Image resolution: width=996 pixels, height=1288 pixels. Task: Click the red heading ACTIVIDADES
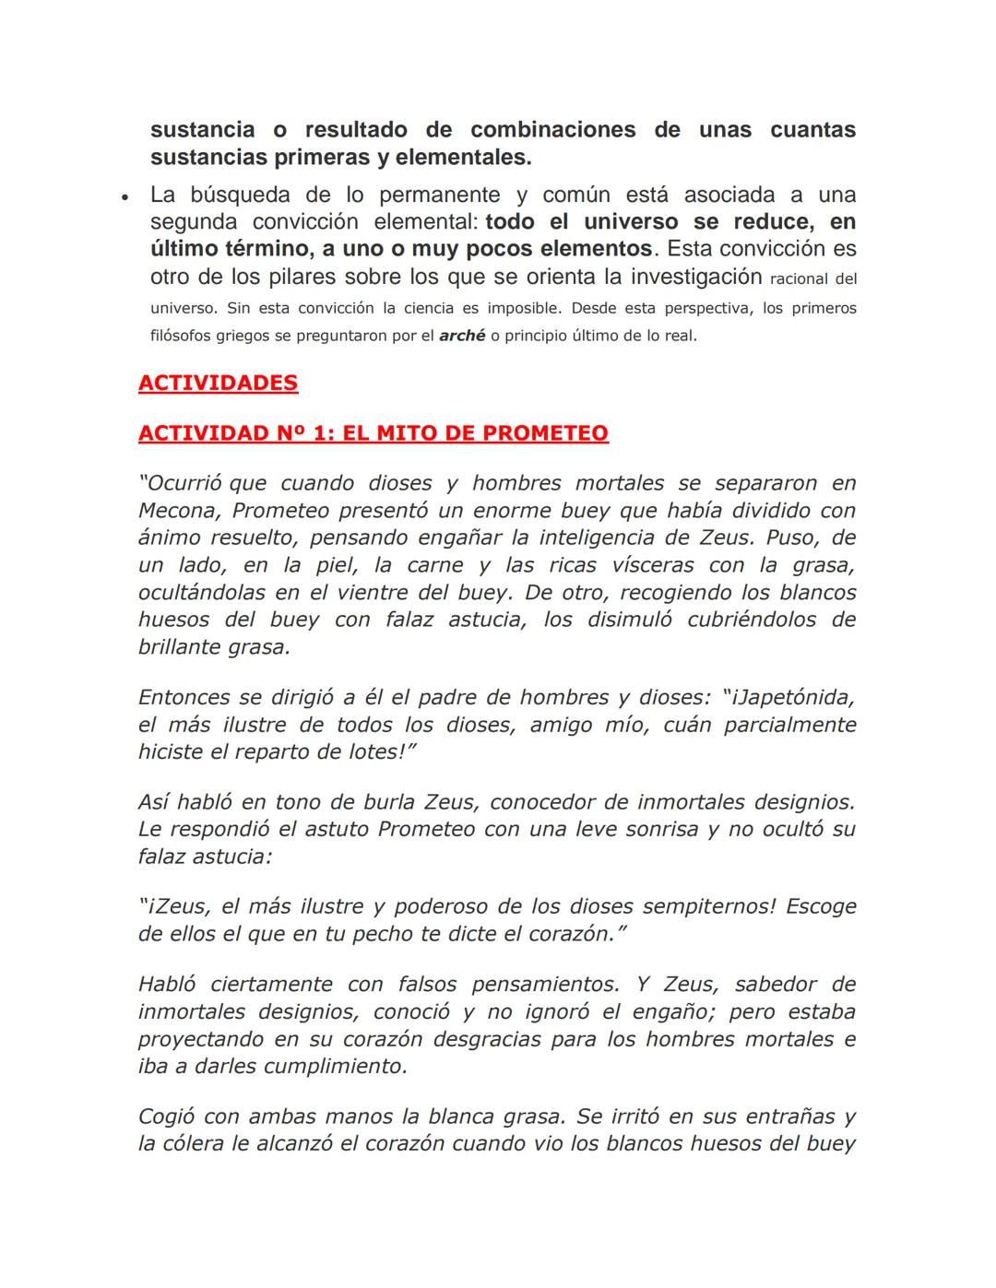click(218, 383)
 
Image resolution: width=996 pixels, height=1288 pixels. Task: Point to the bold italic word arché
click(462, 336)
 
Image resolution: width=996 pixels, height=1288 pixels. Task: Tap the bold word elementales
click(463, 158)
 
